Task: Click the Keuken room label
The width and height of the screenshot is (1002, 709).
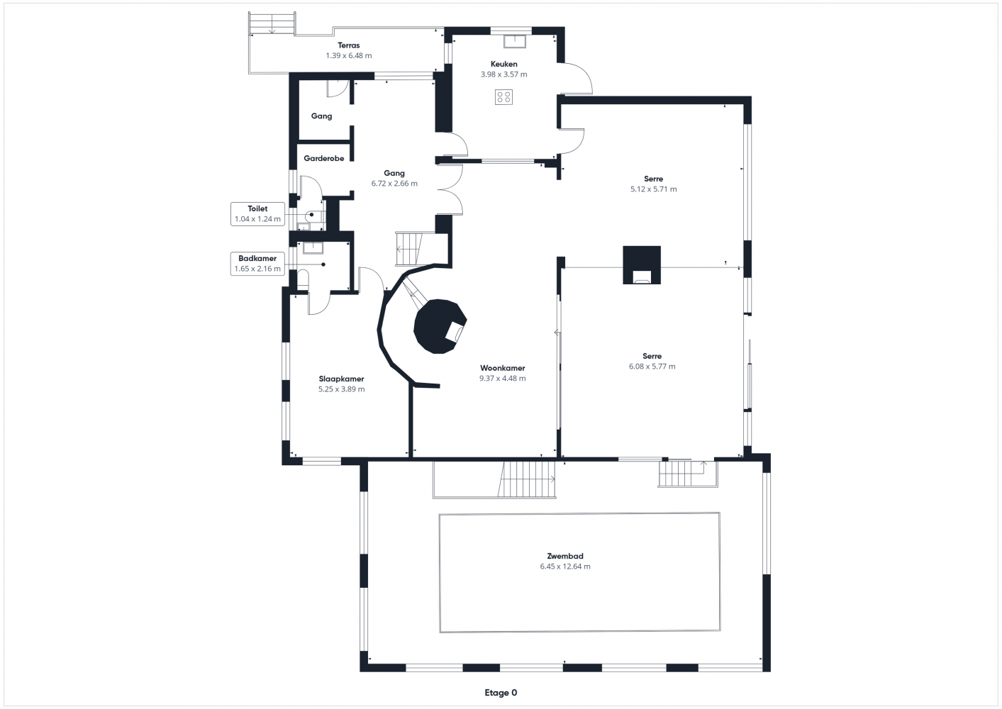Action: [x=503, y=64]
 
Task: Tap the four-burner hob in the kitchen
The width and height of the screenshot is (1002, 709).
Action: [x=503, y=97]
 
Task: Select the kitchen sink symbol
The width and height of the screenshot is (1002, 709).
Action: [x=515, y=41]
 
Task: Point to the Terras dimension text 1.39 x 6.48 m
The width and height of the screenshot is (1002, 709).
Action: [x=348, y=55]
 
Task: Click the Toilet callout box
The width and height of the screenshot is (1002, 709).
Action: [x=257, y=214]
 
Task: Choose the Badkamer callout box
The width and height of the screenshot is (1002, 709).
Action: [x=257, y=264]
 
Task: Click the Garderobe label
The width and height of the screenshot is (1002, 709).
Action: [x=324, y=158]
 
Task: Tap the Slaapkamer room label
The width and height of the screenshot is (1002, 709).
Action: [x=341, y=379]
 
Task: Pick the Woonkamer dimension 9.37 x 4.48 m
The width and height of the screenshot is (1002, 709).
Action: [x=502, y=379]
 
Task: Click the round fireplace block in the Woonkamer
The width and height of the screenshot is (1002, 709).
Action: [x=438, y=327]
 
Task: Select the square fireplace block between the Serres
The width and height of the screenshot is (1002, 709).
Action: [x=642, y=265]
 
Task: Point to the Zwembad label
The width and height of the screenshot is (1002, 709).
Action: [x=565, y=556]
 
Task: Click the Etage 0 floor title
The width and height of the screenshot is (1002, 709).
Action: [x=501, y=693]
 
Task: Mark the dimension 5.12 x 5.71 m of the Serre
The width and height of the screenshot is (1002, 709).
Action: [x=654, y=189]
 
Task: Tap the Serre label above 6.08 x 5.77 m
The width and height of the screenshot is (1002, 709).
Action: [x=652, y=356]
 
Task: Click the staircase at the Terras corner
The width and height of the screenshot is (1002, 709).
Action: [x=272, y=23]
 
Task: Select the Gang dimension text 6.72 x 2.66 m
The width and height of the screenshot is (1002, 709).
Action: [x=394, y=184]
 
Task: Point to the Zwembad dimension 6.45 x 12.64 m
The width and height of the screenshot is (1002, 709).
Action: [x=565, y=566]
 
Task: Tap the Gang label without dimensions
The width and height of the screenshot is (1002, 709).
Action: [x=322, y=116]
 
